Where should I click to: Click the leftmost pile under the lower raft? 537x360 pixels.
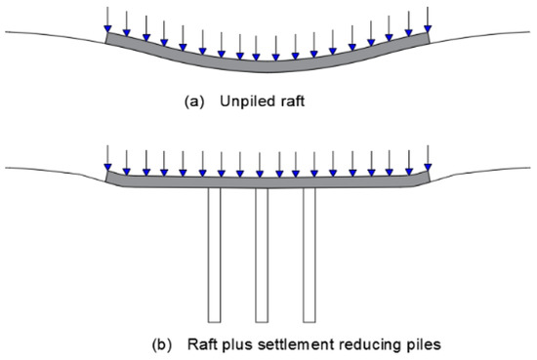(214, 254)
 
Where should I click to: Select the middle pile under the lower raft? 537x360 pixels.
(261, 254)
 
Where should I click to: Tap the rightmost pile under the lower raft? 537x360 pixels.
(310, 254)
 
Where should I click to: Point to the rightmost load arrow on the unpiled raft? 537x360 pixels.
(427, 19)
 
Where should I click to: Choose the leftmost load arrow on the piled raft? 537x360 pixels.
(107, 158)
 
